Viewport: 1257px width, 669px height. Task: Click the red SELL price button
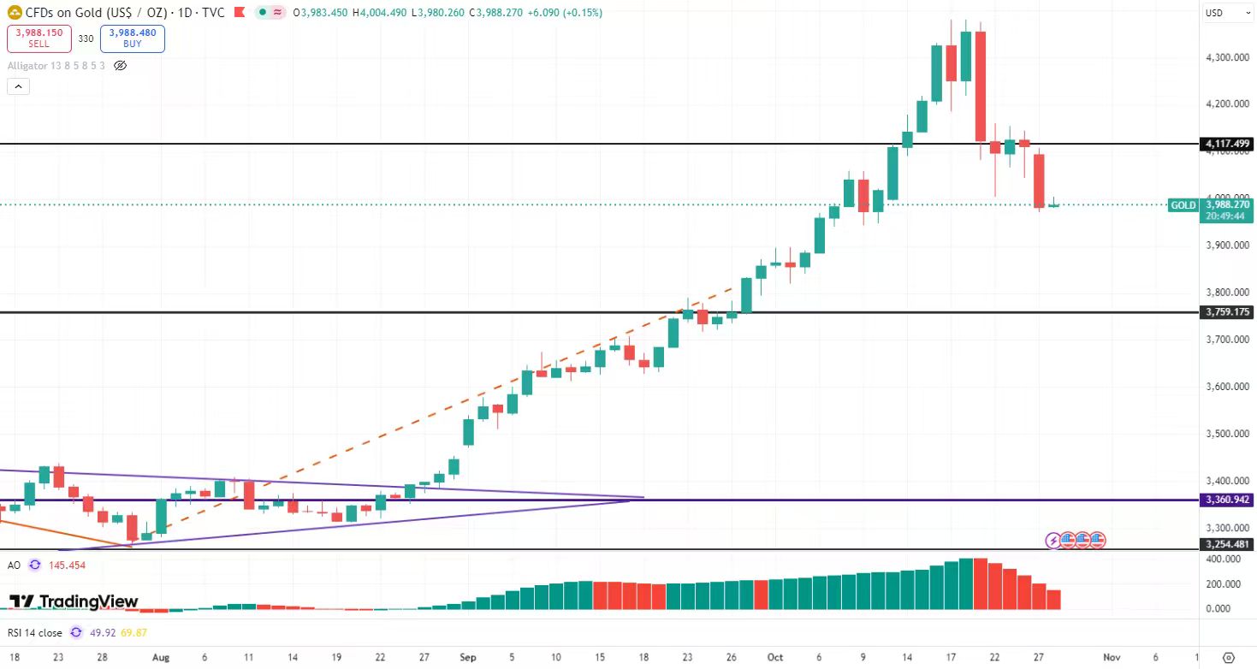click(x=39, y=38)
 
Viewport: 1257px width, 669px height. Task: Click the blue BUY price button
click(x=132, y=38)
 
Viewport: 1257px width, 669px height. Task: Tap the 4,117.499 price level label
click(x=1226, y=144)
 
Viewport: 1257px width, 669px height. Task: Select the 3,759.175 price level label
click(x=1226, y=312)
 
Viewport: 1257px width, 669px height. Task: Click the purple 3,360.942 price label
click(x=1226, y=500)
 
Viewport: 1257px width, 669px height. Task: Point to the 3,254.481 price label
click(x=1226, y=544)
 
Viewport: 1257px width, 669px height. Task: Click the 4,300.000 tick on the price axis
click(x=1223, y=57)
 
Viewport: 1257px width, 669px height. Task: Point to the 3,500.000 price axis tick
click(x=1223, y=434)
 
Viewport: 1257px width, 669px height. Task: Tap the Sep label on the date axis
click(x=467, y=658)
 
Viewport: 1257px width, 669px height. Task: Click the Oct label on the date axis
click(x=775, y=658)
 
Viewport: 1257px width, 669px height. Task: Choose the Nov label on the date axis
click(x=1112, y=658)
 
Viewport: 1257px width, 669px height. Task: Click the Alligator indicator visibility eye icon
click(x=120, y=66)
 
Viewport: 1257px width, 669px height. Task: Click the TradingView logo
click(x=74, y=601)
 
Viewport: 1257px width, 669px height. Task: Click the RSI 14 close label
click(x=33, y=633)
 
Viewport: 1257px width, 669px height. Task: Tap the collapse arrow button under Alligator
click(x=18, y=86)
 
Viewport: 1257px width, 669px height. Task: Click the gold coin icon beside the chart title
click(x=15, y=13)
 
